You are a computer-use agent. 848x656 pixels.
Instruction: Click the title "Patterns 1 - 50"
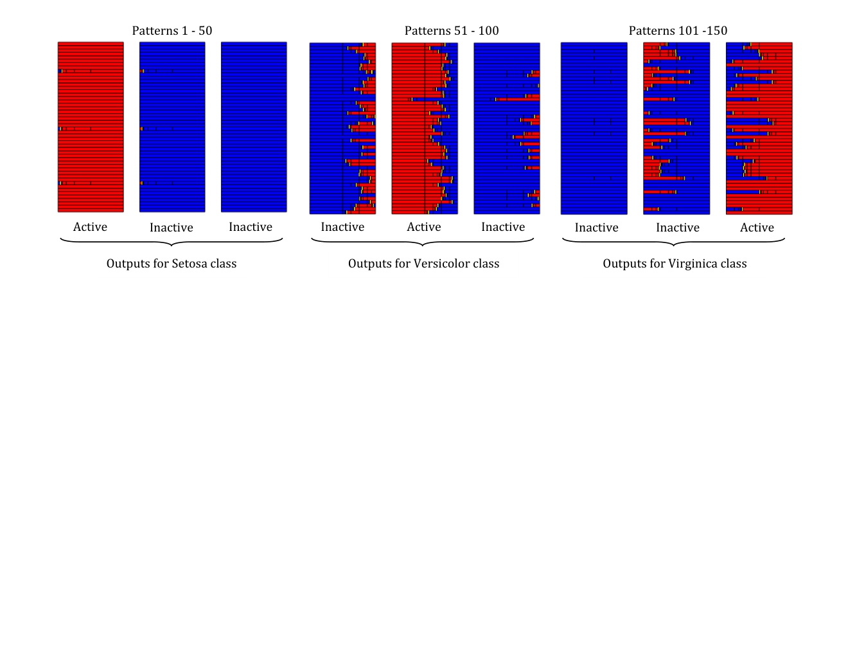coord(172,30)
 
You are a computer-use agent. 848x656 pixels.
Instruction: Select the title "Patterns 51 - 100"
coord(452,30)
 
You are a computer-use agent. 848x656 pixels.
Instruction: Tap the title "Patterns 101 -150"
coord(678,30)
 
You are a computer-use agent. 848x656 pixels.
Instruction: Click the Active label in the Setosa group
coord(90,226)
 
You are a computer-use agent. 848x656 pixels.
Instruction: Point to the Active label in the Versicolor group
coord(424,226)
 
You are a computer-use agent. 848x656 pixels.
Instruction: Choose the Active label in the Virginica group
coord(757,227)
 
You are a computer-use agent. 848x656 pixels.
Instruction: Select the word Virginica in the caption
coord(693,263)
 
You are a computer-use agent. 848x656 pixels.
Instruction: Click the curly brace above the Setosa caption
coord(172,242)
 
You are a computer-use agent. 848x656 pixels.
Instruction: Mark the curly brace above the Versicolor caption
coord(422,242)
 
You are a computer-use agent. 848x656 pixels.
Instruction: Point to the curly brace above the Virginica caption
coord(673,242)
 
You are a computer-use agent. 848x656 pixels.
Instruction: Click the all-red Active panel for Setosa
coord(91,127)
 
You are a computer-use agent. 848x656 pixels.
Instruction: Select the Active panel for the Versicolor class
coord(425,128)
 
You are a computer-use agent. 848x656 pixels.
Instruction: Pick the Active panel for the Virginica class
coord(759,128)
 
